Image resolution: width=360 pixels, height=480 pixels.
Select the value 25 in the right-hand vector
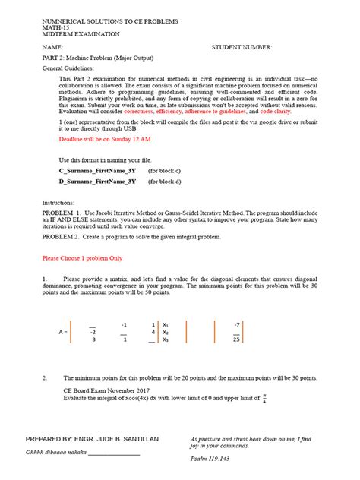pos(236,340)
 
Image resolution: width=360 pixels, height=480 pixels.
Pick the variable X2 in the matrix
pos(166,332)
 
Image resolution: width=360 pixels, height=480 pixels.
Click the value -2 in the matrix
pos(92,332)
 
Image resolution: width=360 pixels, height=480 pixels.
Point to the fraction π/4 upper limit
pos(264,396)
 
